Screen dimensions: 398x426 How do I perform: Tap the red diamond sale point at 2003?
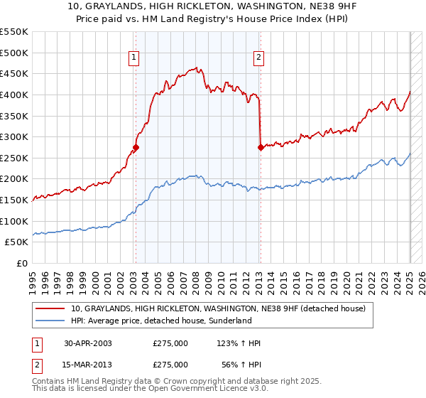(136, 148)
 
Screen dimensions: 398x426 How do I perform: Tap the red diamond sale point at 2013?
(261, 148)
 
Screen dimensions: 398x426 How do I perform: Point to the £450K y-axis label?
(14, 73)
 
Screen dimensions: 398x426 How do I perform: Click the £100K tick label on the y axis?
(14, 221)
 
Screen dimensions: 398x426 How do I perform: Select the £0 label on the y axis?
(23, 263)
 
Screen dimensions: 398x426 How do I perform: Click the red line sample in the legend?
(50, 308)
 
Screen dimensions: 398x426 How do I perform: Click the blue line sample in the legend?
(50, 321)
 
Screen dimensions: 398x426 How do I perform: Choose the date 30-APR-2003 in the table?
(88, 343)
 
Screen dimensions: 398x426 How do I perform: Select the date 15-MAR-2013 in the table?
(88, 364)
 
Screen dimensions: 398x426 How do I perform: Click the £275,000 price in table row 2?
(170, 364)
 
